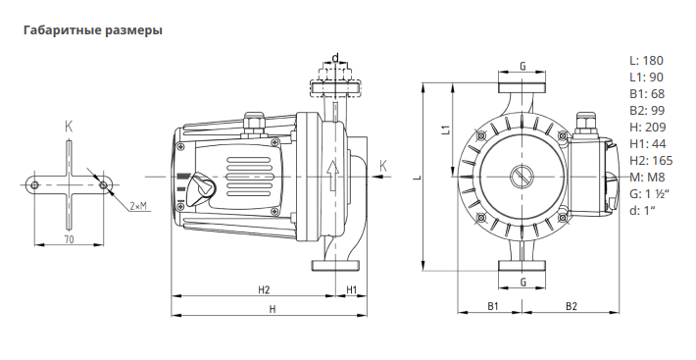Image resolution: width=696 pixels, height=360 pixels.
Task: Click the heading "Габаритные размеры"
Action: [93, 30]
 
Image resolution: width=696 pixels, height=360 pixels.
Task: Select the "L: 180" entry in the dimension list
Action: [646, 61]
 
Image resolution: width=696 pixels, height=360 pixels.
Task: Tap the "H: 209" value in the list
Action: [648, 128]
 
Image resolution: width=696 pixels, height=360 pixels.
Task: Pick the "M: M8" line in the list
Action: [648, 178]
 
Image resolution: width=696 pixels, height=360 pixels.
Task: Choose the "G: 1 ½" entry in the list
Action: [649, 194]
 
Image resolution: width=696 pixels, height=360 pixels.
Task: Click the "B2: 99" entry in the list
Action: [647, 111]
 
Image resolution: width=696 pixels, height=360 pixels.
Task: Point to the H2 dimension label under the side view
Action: [264, 290]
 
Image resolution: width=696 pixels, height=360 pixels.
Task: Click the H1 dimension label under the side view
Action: [351, 290]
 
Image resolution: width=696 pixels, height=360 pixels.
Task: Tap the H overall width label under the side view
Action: [273, 309]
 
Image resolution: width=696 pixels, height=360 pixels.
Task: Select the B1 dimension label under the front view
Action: [493, 306]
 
